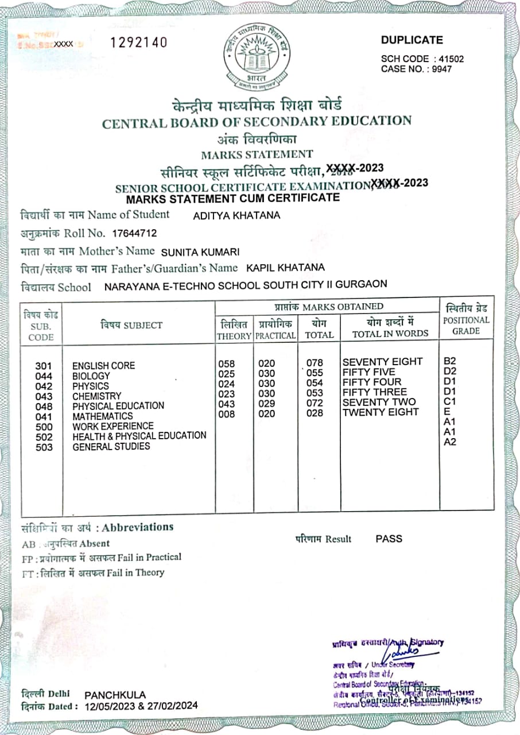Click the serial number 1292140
click(139, 42)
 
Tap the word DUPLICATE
click(412, 40)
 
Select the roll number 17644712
click(134, 233)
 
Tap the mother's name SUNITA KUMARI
click(200, 252)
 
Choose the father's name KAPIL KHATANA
click(285, 268)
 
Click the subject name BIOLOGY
click(91, 376)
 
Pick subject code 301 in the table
click(44, 366)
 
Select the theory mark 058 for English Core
click(227, 363)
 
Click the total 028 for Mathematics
click(315, 413)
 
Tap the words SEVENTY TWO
click(379, 402)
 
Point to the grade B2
click(450, 361)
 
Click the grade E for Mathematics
click(447, 411)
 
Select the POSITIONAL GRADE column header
click(466, 326)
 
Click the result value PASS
click(389, 539)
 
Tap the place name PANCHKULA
click(115, 695)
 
